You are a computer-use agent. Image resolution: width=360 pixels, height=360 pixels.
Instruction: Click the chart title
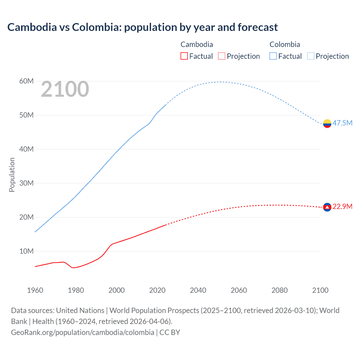(x=142, y=27)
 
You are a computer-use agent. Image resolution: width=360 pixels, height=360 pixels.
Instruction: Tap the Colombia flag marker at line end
(x=327, y=123)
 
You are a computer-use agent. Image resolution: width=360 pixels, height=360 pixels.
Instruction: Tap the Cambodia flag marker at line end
(x=327, y=207)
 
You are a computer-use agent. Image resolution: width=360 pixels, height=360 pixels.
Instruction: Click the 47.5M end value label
(x=342, y=123)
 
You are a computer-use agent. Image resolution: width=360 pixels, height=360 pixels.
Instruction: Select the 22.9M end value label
(x=342, y=207)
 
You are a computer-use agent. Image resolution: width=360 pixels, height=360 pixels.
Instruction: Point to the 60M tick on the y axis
(x=26, y=81)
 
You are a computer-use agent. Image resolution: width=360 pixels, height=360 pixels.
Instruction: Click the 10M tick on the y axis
(x=26, y=251)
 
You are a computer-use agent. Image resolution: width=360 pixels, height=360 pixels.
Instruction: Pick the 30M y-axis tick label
(x=26, y=183)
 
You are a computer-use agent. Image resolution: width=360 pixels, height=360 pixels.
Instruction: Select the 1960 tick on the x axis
(x=35, y=290)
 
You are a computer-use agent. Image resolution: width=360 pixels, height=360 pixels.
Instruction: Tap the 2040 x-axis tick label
(x=198, y=290)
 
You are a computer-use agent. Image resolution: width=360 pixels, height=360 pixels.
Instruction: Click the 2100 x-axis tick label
(x=320, y=290)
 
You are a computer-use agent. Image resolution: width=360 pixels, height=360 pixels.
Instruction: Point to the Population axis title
(x=12, y=175)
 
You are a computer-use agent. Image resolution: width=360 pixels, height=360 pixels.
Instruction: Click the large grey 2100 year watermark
(x=65, y=89)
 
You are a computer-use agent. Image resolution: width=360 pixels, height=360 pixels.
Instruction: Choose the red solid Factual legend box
(x=184, y=56)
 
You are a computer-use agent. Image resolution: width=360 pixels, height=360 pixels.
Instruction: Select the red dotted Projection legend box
(x=222, y=56)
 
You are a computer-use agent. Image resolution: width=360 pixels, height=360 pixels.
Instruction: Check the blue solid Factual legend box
(x=273, y=56)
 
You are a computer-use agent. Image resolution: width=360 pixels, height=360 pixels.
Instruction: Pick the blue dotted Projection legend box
(x=311, y=56)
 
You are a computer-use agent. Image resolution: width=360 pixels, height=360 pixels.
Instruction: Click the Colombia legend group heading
(x=285, y=44)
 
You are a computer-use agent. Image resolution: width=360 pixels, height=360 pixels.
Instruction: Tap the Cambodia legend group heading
(x=197, y=44)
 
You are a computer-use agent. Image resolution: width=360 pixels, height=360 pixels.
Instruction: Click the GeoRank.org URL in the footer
(x=82, y=332)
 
